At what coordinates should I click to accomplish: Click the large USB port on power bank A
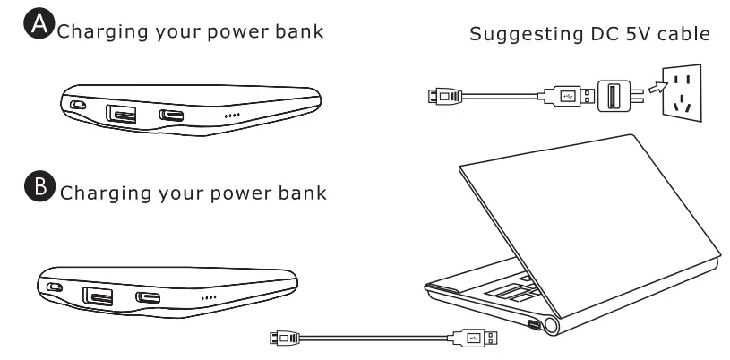(119, 113)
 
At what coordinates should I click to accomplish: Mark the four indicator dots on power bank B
(208, 297)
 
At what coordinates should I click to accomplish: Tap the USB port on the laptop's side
(535, 323)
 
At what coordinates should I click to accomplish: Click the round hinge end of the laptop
(563, 326)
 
